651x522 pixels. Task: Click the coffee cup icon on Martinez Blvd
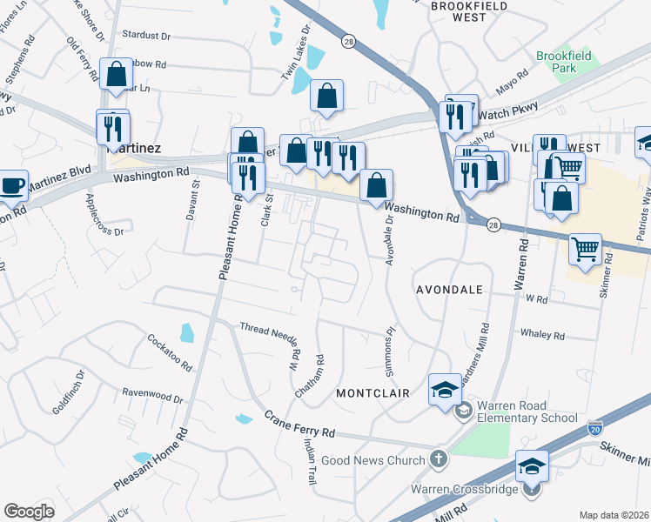tap(13, 185)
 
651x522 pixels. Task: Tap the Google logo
tap(29, 512)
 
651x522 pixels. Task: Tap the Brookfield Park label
tap(563, 62)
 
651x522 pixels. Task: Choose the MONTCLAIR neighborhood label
tap(372, 393)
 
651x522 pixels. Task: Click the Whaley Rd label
tap(541, 335)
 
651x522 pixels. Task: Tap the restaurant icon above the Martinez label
tap(112, 127)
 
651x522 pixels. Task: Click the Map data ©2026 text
tap(614, 515)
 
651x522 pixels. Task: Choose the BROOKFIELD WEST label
tap(458, 11)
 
